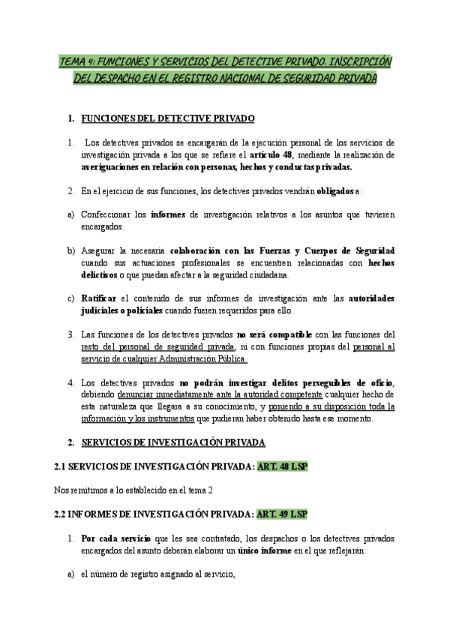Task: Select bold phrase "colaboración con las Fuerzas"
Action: pyautogui.click(x=223, y=250)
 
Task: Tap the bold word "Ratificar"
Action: pyautogui.click(x=101, y=298)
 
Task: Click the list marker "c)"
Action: pyautogui.click(x=71, y=298)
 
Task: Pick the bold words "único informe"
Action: pyautogui.click(x=259, y=550)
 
